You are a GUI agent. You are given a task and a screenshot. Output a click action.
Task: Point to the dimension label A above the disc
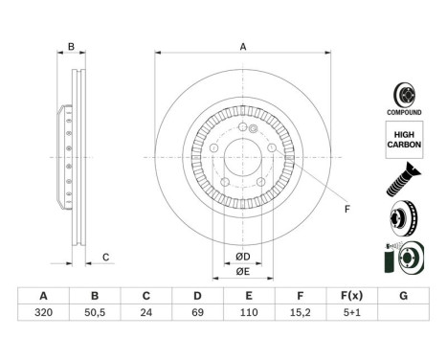[243, 46]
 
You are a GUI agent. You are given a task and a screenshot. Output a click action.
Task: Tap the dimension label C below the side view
[106, 256]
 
